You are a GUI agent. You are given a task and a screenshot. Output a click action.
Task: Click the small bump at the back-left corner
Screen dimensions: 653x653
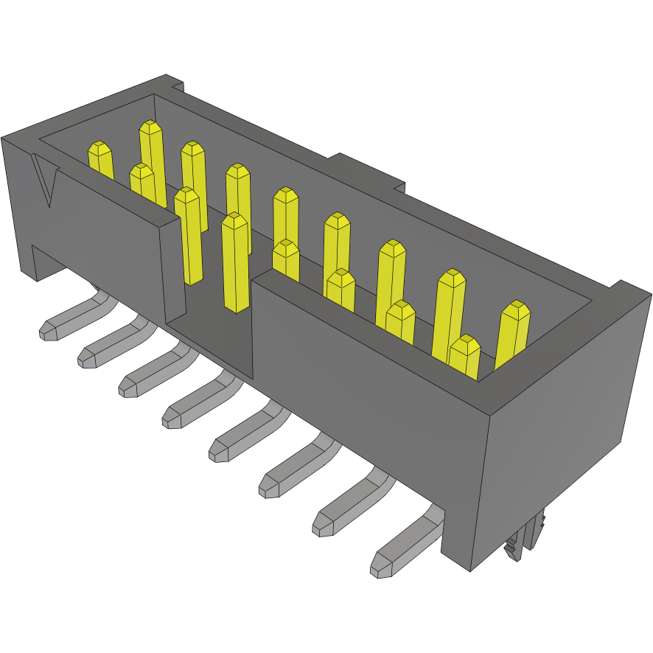pyautogui.click(x=174, y=82)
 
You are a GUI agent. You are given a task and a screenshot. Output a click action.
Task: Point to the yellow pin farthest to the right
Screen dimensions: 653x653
pyautogui.click(x=513, y=335)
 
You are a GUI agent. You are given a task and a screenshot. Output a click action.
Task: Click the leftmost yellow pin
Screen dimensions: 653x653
pyautogui.click(x=101, y=161)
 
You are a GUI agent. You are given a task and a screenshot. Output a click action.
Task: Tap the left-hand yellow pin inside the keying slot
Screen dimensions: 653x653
pyautogui.click(x=189, y=236)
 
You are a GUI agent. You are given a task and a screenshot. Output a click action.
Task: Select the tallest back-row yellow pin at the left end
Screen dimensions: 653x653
pyautogui.click(x=152, y=158)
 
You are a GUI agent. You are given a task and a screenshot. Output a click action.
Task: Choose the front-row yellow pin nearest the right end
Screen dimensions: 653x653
pyautogui.click(x=465, y=357)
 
